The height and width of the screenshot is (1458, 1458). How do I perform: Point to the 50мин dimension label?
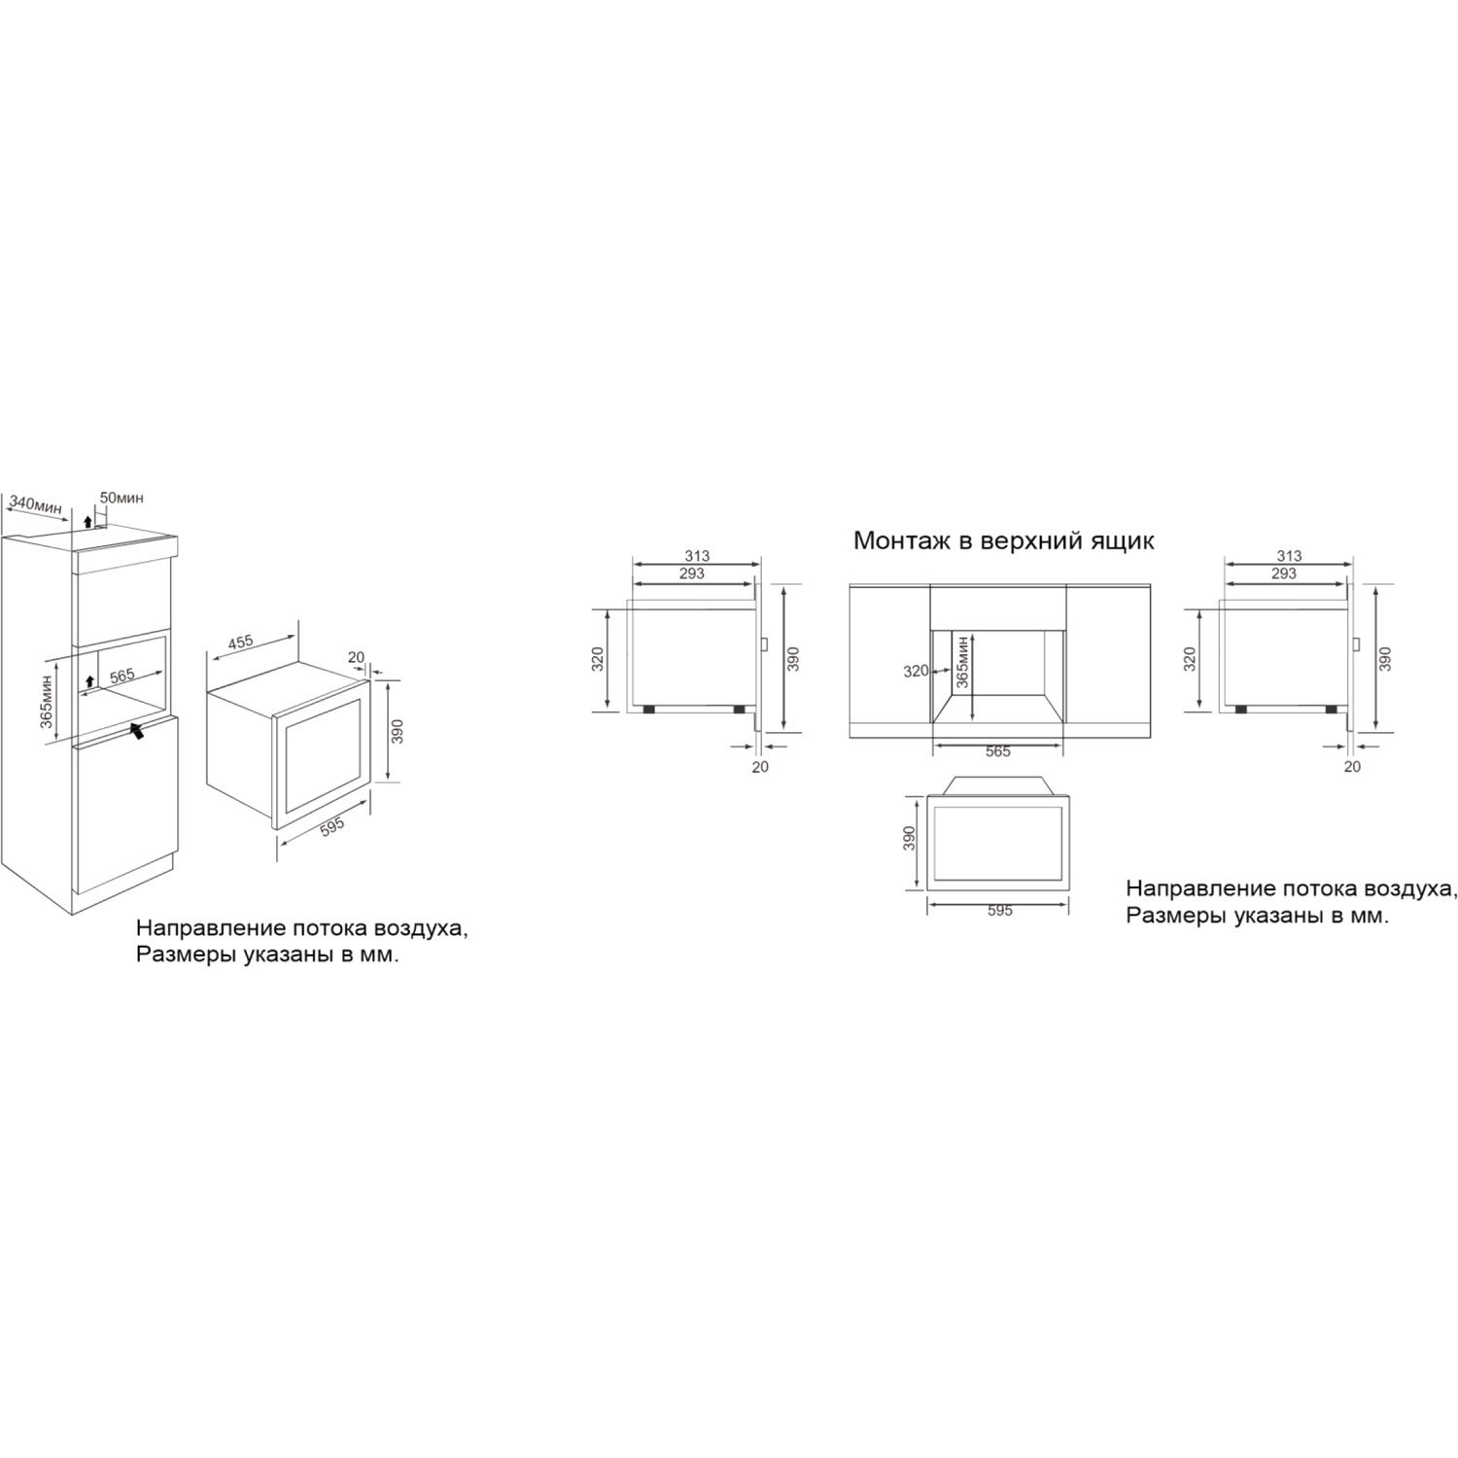coord(121,498)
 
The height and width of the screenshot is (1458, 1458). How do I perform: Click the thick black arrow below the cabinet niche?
coord(138,730)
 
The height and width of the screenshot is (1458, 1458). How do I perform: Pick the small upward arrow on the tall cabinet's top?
coord(87,522)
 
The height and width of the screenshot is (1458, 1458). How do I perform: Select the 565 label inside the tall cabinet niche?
coord(122,676)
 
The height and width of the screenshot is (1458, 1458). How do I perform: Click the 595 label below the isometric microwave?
coord(332,826)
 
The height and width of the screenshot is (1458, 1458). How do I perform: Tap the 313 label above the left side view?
coord(697,556)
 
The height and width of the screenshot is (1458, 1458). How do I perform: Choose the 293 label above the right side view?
coord(1283,573)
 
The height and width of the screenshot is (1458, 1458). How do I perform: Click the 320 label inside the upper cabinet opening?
coord(916,671)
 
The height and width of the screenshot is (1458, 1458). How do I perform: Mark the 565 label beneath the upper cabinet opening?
coord(998,751)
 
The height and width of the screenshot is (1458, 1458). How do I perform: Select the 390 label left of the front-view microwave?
coord(910,839)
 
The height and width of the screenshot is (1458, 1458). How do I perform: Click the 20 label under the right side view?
coord(1352,766)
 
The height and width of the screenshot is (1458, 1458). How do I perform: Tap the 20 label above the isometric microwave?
coord(356,658)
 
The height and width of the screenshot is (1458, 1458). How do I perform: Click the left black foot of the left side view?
coord(647,710)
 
